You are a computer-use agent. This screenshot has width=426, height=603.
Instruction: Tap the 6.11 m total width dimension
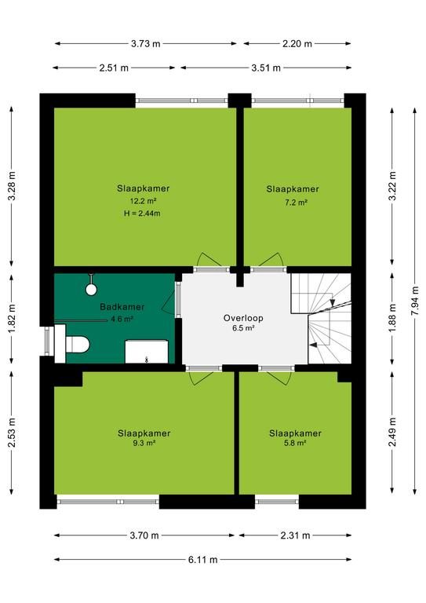point(203,560)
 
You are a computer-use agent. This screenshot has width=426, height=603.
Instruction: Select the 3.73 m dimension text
point(146,43)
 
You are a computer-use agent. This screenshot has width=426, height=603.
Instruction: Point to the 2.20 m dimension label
point(297,43)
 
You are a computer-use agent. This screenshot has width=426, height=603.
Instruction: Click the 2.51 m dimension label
point(114,68)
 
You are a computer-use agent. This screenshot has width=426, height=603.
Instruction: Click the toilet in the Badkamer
point(77,344)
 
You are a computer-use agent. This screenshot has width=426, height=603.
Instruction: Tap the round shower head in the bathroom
point(91,289)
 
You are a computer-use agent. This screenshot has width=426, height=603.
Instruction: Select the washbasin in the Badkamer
point(147,352)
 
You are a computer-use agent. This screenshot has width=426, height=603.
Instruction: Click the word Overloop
point(243,318)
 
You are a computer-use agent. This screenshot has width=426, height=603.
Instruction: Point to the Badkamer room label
point(122,307)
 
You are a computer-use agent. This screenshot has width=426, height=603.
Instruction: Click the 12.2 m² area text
point(143,201)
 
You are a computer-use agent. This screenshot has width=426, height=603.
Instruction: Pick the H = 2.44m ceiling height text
point(142,213)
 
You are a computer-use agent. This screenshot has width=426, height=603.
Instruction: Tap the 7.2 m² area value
point(297,203)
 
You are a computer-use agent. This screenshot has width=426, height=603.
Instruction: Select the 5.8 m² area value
point(295,443)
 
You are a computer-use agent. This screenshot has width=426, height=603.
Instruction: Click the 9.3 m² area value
point(144,443)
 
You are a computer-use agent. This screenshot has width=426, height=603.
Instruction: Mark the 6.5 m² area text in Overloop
point(244,328)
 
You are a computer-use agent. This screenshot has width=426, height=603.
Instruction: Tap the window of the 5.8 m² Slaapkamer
point(277,502)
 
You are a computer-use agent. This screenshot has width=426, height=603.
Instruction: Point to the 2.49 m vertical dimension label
point(392,433)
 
